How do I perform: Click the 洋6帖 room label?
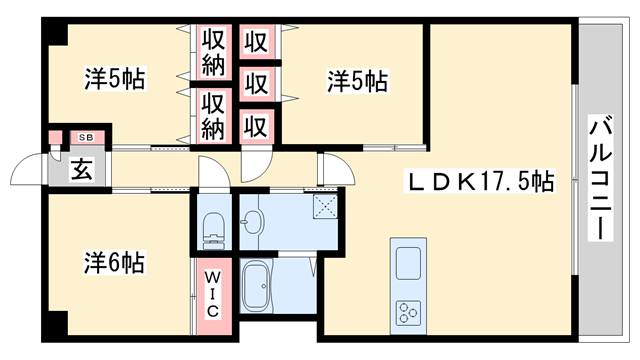point(114,264)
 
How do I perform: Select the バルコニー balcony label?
point(601,179)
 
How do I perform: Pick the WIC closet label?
point(214,293)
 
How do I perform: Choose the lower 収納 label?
point(213,116)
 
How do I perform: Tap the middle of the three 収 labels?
point(257,83)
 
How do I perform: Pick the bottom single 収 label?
point(257,125)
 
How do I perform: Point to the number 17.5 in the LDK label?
point(505,183)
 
